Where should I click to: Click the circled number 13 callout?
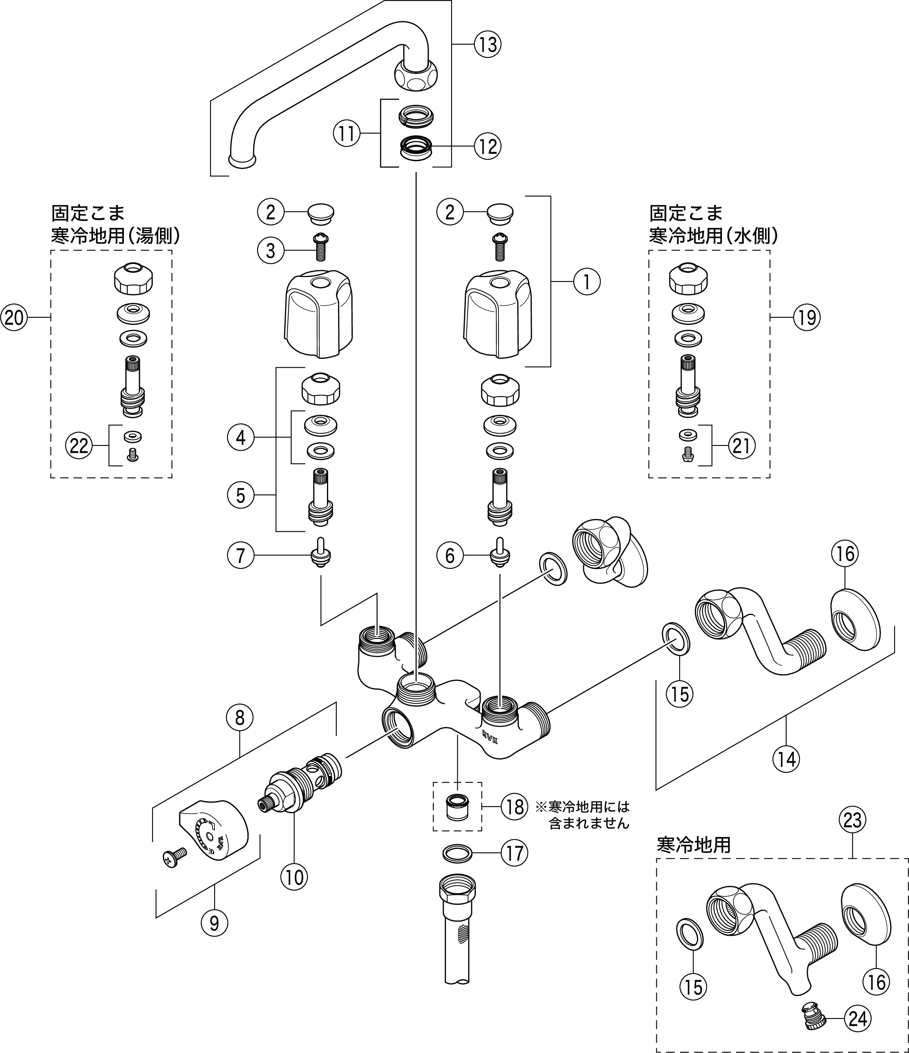coord(487,45)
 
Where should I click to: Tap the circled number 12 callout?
coord(487,147)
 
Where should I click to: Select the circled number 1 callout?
coord(587,282)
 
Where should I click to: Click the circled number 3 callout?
coord(271,250)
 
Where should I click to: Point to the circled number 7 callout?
coord(241,555)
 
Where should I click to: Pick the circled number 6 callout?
coord(450,555)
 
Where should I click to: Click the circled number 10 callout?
coord(295,877)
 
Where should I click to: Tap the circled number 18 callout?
coord(514,807)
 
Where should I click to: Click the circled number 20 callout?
coord(14,318)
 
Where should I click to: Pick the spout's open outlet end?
coord(242,161)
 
